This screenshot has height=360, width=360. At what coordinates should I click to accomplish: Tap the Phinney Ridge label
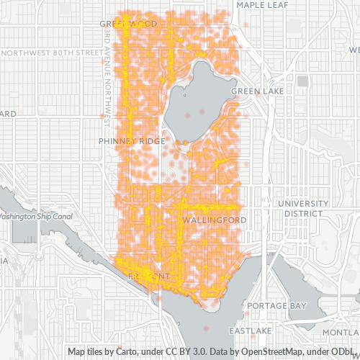click(132, 141)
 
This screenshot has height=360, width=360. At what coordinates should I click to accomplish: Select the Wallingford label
click(215, 219)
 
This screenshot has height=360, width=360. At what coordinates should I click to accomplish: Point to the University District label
click(302, 208)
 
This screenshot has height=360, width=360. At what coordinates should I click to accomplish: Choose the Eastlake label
click(249, 330)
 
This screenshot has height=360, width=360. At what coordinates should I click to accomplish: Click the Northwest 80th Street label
click(52, 53)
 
